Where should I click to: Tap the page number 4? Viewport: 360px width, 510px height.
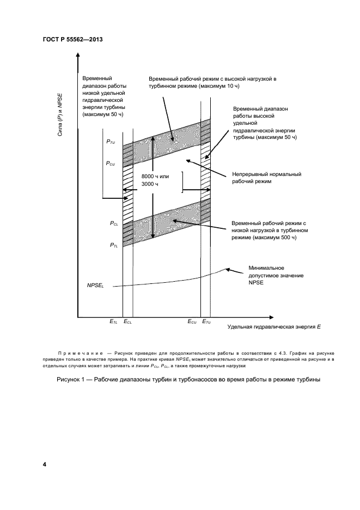(x=45, y=464)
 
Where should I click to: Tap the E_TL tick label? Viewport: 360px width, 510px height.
(x=113, y=323)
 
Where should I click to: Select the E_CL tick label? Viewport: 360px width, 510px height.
(x=128, y=323)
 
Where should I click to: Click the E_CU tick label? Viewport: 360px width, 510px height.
(x=192, y=323)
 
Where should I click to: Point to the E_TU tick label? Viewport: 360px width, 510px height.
(x=207, y=323)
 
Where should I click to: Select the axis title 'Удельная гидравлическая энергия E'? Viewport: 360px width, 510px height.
(x=274, y=327)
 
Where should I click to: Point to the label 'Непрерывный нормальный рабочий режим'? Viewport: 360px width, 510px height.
(x=267, y=178)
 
